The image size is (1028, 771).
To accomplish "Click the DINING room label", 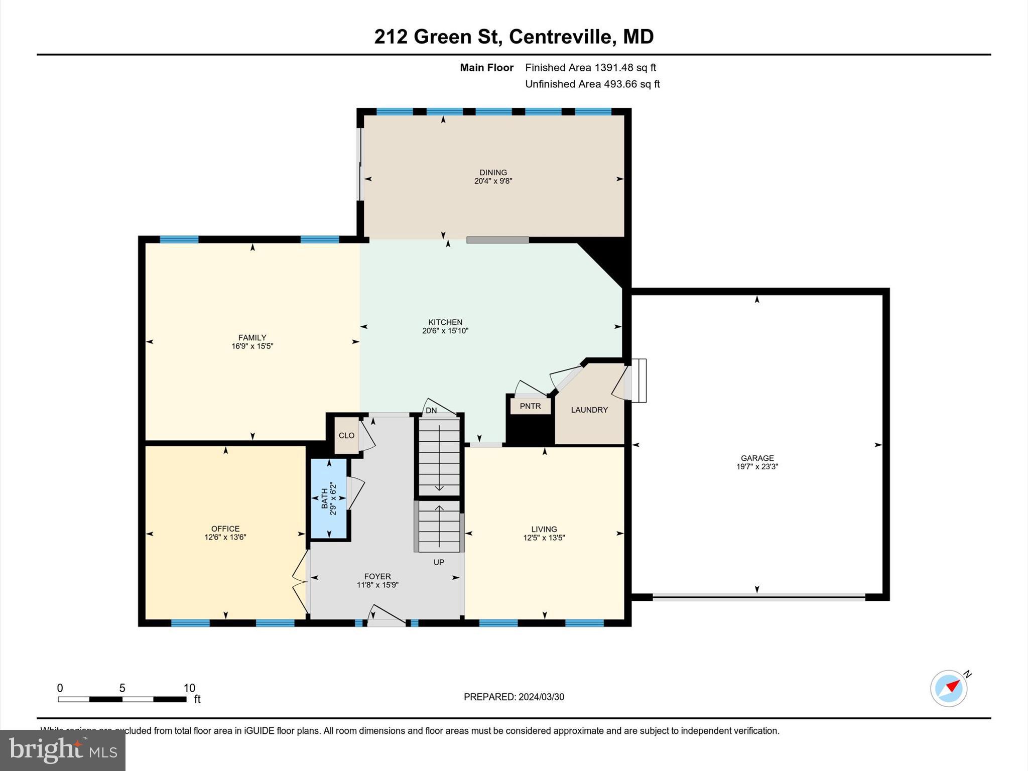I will click(493, 172).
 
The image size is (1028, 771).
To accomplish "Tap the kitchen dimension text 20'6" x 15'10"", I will click(445, 331).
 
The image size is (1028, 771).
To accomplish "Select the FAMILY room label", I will click(252, 338).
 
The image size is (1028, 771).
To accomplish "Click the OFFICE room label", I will click(225, 529).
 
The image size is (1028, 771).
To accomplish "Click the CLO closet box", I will click(346, 435).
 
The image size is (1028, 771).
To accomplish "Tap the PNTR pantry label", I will click(530, 406).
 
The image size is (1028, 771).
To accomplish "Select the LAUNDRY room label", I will click(589, 410).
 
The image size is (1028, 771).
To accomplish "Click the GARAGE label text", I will click(757, 458).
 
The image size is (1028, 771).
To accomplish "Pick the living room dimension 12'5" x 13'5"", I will click(544, 538).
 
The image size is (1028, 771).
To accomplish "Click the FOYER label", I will click(377, 576).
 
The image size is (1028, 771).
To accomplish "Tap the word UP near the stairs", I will click(439, 562).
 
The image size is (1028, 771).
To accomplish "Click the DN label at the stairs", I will click(431, 410).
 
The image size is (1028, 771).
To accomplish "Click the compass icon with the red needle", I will click(949, 689).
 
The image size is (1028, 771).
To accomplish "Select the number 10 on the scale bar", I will click(189, 688).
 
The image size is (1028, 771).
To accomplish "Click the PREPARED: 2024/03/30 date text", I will click(513, 697).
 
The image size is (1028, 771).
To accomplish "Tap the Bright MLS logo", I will click(63, 750).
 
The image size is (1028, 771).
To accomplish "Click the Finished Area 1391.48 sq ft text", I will click(590, 67).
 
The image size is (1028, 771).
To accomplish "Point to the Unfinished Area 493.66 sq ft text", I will click(592, 84).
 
